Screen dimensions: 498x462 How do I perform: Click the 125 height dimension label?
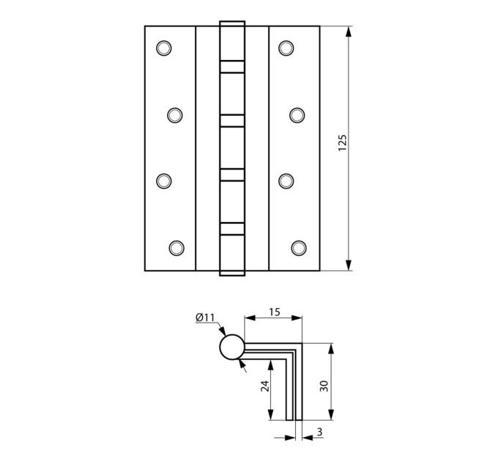tap(343, 143)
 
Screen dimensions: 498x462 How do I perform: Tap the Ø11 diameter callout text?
tap(205, 317)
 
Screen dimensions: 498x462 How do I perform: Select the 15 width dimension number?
tap(275, 312)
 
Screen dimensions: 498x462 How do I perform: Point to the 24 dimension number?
tap(265, 386)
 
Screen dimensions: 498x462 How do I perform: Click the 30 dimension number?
tap(324, 386)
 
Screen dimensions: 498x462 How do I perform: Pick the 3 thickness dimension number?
tap(319, 432)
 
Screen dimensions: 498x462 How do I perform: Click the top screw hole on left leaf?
tap(164, 48)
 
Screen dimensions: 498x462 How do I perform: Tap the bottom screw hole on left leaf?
tap(176, 248)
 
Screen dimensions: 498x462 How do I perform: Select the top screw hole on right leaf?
tap(286, 48)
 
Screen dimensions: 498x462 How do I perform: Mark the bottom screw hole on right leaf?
tap(299, 248)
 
